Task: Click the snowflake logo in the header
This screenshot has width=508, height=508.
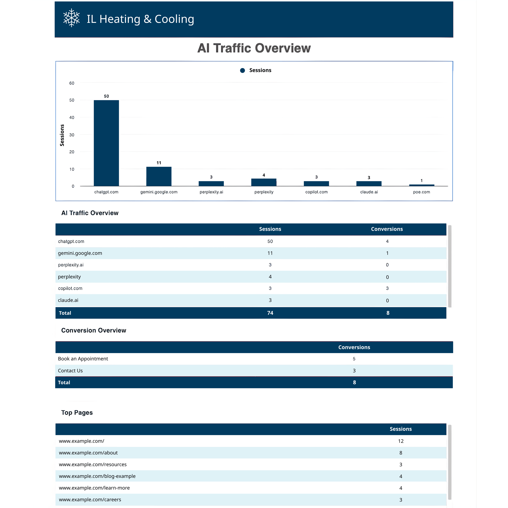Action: pos(71,18)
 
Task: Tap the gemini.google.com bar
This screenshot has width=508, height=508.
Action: pos(159,176)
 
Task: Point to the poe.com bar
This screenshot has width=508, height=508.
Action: pos(421,185)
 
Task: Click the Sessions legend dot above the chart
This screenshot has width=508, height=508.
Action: pos(242,70)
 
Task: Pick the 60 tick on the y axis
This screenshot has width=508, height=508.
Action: pos(72,83)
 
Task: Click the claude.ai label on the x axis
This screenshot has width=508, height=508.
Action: pos(369,192)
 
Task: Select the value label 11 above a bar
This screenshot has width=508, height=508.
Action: pos(159,163)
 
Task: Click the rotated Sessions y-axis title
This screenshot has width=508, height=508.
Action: pos(62,135)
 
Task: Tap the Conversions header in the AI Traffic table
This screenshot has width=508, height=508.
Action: pos(387,229)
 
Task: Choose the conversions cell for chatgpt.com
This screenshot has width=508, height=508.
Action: pos(387,241)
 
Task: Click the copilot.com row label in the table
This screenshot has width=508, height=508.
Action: pos(70,289)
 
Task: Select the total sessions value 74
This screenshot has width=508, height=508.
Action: pos(270,313)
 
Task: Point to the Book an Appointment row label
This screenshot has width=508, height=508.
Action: pos(83,359)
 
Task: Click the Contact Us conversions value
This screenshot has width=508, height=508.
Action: pos(354,371)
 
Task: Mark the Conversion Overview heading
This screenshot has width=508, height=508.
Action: pos(94,330)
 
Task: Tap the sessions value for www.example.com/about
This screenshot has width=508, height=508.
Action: pos(401,453)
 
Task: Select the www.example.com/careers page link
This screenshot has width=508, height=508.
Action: pos(90,500)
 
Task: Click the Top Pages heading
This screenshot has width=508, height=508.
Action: pos(77,412)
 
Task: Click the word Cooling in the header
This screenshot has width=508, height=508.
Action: pos(174,19)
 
